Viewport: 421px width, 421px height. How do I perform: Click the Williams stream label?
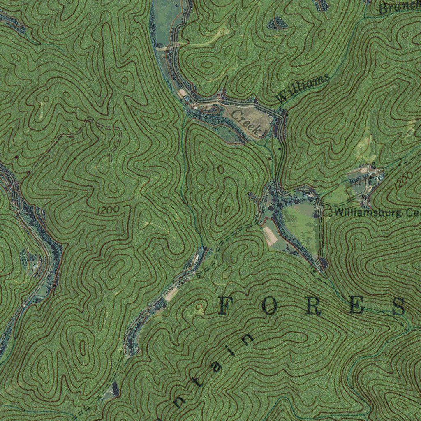[x=303, y=88]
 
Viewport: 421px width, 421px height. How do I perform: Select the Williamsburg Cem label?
[x=376, y=213]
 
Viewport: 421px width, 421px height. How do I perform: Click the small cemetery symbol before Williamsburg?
[x=328, y=213]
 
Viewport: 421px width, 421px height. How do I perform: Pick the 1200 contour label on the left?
[x=109, y=210]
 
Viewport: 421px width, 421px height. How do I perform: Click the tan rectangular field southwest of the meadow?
[x=271, y=236]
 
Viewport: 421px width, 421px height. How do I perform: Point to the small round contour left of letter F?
[x=200, y=306]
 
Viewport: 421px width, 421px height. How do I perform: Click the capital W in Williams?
[x=283, y=98]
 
